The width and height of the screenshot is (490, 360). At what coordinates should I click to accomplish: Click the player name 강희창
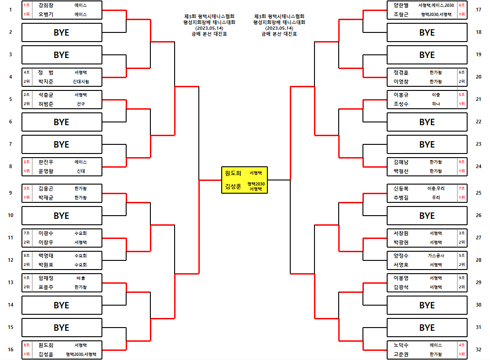(46, 5)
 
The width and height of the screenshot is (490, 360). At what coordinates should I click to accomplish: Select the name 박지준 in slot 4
(46, 81)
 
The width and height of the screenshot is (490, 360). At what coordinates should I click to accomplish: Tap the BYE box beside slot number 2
(62, 32)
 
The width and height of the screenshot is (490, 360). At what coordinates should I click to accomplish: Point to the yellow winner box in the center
(244, 180)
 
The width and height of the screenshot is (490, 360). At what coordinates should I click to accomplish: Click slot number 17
(478, 10)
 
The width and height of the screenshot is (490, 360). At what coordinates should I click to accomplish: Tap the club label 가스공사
(436, 256)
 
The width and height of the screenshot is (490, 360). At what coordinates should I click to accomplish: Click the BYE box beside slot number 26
(427, 216)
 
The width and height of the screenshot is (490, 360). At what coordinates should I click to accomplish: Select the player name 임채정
(46, 278)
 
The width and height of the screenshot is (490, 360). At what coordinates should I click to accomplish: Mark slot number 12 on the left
(11, 260)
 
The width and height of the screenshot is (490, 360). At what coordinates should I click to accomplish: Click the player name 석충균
(46, 95)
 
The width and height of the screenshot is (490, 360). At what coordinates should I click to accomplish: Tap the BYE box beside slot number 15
(62, 328)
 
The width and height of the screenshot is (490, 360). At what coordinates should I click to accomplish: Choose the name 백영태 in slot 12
(46, 256)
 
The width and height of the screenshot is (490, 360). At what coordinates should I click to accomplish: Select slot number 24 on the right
(478, 166)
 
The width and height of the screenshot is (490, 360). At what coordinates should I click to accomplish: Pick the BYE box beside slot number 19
(427, 55)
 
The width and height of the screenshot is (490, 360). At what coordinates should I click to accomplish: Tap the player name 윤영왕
(46, 171)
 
